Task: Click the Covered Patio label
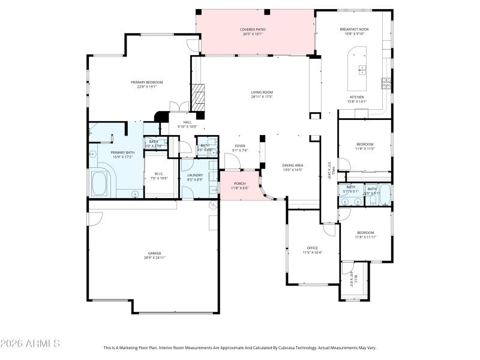tap(253, 29)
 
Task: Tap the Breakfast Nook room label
tap(353, 29)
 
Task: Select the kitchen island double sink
tap(362, 70)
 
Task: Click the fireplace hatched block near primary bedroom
tap(198, 95)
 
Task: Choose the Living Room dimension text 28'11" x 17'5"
tap(262, 97)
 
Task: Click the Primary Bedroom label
tap(147, 82)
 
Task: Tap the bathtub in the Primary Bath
tap(99, 183)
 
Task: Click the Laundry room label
tap(195, 175)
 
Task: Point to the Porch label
tap(239, 184)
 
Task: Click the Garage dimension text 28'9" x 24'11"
tap(154, 257)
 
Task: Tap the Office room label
tap(312, 248)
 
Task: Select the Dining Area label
tap(293, 165)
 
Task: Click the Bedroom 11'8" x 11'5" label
tap(365, 144)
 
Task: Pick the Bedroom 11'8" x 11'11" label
tap(365, 233)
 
